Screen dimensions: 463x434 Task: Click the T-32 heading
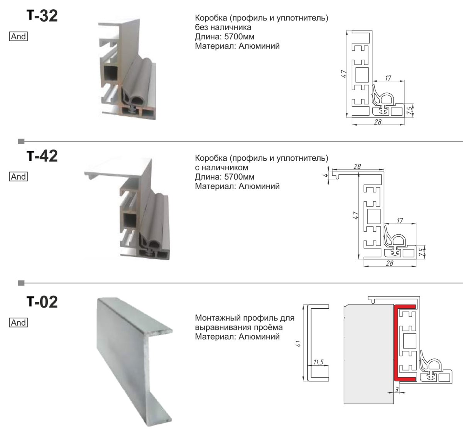tap(42, 16)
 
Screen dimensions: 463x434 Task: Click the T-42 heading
tap(42, 156)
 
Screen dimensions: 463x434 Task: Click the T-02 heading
tap(42, 302)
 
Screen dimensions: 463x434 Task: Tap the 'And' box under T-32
tap(19, 36)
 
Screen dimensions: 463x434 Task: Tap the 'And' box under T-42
tap(19, 177)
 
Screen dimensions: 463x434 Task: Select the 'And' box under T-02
tap(19, 323)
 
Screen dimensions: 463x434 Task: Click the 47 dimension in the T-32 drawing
tap(344, 74)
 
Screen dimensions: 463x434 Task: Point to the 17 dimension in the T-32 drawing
tap(388, 78)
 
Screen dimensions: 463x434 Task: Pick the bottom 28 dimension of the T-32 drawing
tap(378, 121)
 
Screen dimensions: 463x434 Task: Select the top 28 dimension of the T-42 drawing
tap(357, 167)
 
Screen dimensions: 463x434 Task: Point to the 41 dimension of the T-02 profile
tap(298, 343)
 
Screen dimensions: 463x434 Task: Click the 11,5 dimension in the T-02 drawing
tap(318, 362)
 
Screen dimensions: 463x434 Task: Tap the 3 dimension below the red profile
tap(397, 389)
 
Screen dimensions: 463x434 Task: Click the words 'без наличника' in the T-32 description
tap(223, 27)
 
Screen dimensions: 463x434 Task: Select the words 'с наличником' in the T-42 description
tap(221, 167)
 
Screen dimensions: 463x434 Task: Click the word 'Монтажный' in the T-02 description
tap(218, 318)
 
